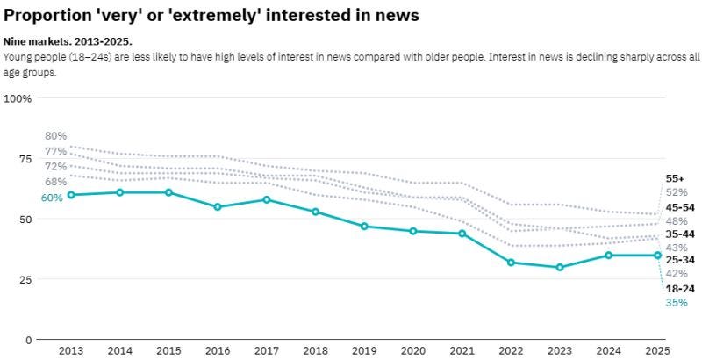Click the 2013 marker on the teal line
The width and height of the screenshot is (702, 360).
[70, 194]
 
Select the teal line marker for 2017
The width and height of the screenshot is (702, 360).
[267, 199]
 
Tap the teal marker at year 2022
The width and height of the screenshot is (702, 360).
[512, 263]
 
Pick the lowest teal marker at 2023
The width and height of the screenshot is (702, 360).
[560, 267]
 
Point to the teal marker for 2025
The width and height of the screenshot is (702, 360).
[658, 256]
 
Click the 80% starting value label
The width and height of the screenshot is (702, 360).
[55, 136]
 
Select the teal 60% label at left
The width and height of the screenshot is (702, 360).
[52, 198]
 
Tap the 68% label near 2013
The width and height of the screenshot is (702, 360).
[55, 182]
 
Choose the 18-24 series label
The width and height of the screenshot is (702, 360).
[680, 289]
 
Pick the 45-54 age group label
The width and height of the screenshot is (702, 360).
[680, 207]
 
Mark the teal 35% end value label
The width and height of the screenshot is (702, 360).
[677, 303]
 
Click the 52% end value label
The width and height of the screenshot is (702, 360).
[677, 192]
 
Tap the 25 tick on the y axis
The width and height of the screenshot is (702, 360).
[25, 279]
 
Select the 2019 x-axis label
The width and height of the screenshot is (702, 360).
[364, 350]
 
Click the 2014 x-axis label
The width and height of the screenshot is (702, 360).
[119, 350]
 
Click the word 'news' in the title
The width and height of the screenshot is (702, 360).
[393, 15]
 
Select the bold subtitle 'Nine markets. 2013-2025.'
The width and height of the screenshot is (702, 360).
[68, 41]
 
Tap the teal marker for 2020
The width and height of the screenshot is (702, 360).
[413, 231]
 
